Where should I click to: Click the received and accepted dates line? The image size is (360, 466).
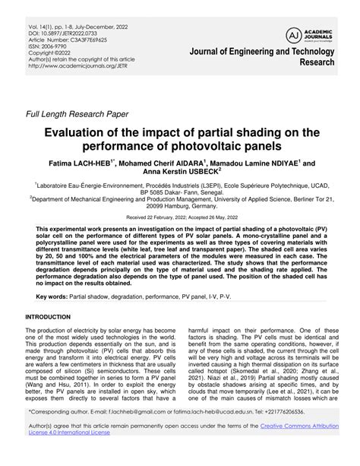pos(180,217)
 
